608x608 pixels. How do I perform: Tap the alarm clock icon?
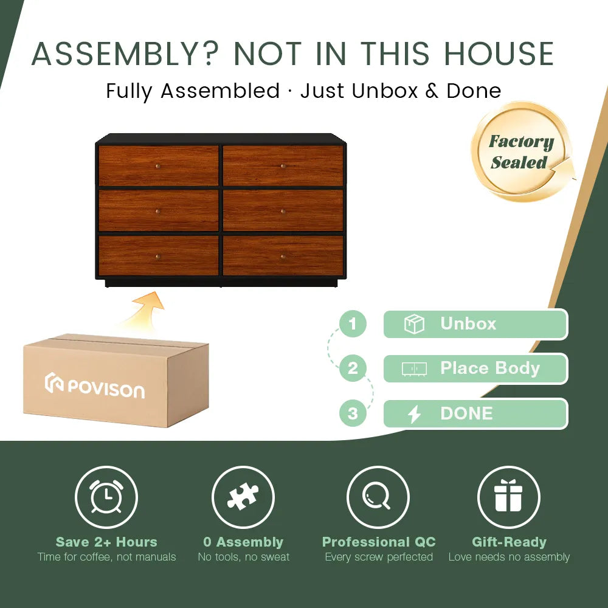click(106, 497)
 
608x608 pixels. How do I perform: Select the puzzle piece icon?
click(243, 497)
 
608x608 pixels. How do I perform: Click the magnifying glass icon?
click(378, 497)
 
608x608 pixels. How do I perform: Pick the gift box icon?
click(508, 497)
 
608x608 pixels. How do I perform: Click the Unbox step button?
click(475, 324)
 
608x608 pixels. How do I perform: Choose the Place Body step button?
click(475, 368)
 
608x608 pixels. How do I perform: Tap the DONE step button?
click(475, 414)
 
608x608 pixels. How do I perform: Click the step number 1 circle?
click(353, 323)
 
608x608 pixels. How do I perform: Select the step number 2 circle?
click(353, 368)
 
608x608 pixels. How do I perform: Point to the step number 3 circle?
click(353, 414)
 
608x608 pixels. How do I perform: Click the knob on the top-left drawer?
click(158, 166)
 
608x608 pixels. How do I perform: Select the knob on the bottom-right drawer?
click(283, 257)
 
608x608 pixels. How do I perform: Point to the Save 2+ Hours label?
click(106, 542)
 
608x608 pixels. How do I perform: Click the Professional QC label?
click(379, 542)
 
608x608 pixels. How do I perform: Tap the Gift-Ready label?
click(509, 542)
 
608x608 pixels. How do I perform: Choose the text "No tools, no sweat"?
click(243, 557)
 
